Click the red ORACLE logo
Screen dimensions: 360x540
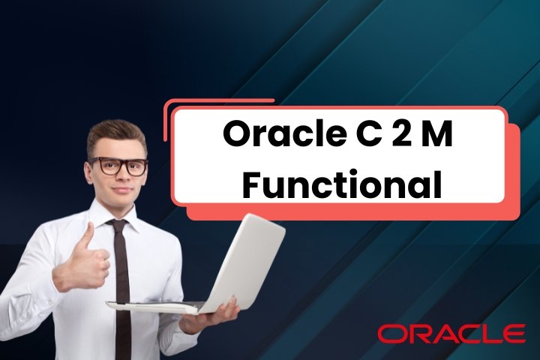click(451, 333)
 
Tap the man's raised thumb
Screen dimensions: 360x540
click(87, 235)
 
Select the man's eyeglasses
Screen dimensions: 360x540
click(118, 166)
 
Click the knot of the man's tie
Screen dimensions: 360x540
click(117, 225)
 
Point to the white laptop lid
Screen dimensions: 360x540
click(240, 259)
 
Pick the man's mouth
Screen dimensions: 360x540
click(120, 188)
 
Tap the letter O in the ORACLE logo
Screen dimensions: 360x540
click(390, 333)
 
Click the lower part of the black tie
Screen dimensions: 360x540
click(122, 330)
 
